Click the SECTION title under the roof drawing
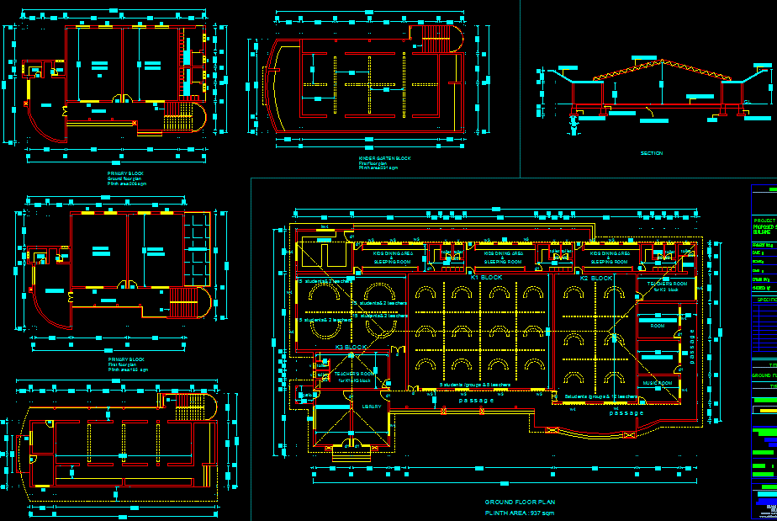coord(651,153)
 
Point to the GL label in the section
coord(748,103)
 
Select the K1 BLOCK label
coord(486,277)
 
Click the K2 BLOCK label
coord(596,278)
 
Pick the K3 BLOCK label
coord(351,347)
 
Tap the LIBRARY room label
coord(372,407)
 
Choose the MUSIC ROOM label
coord(658,383)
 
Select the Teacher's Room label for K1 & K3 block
coord(353,376)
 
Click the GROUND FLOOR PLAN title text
coord(520,502)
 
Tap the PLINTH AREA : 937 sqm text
coord(520,513)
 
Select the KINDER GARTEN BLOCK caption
coord(384,158)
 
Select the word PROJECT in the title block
coord(764,221)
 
